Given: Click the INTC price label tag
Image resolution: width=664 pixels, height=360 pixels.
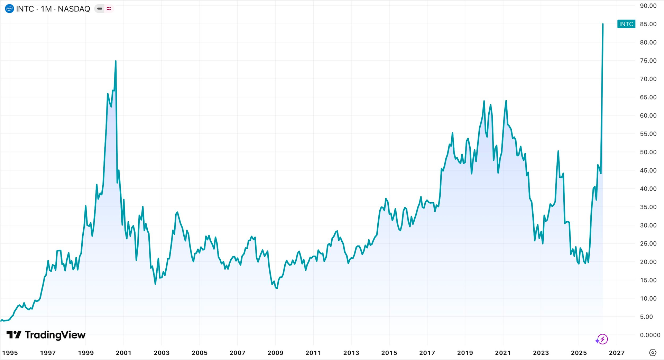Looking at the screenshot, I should tap(626, 24).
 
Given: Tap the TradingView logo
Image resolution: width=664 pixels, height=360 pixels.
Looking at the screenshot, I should tap(46, 335).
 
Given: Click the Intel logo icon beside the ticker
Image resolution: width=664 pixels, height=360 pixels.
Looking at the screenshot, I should tap(10, 9).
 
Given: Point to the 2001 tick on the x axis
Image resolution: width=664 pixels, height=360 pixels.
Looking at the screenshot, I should tap(123, 353).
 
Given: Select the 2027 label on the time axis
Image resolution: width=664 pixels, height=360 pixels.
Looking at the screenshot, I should tap(617, 353).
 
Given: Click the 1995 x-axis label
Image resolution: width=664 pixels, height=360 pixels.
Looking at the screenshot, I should tap(10, 353).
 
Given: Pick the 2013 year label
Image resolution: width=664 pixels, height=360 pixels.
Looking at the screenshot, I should tap(351, 353).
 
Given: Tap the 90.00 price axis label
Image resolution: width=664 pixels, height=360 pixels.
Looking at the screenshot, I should tap(648, 6).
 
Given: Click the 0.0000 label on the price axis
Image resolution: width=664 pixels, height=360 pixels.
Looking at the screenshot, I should tap(650, 335).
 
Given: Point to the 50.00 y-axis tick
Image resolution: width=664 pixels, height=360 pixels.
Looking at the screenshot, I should tap(648, 152).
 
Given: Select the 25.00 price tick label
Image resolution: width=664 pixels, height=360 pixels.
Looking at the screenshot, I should tap(648, 243).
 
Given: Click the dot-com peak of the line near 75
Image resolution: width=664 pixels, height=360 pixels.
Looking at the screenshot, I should tap(116, 61).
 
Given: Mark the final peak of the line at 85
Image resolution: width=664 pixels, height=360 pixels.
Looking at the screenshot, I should tap(603, 24).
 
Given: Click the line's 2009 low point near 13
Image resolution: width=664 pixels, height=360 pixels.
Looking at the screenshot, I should tap(277, 288).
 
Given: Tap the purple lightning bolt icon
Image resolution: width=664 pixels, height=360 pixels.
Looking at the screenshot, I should tap(602, 339).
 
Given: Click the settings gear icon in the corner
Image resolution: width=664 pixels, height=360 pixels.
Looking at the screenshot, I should tap(653, 353).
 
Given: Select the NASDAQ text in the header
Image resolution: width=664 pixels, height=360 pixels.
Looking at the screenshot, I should tap(74, 9).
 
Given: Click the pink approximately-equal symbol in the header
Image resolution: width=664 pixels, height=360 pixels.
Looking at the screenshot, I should tap(109, 9).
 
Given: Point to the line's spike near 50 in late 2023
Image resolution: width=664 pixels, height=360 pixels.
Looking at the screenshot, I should tap(558, 151).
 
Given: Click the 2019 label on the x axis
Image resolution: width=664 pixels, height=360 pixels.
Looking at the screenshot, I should tap(465, 353).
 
